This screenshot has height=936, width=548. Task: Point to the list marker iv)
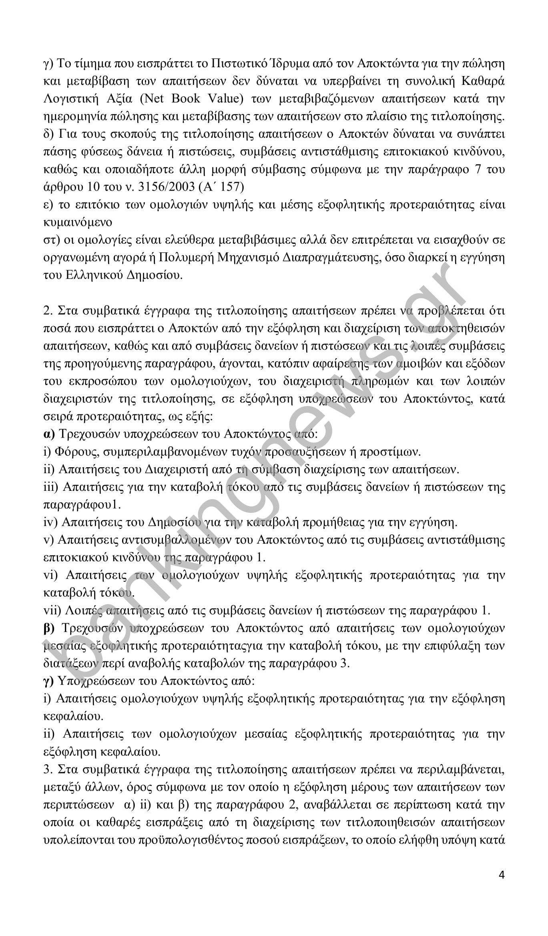coord(50,522)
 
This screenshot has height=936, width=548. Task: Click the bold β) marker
coord(48,629)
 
